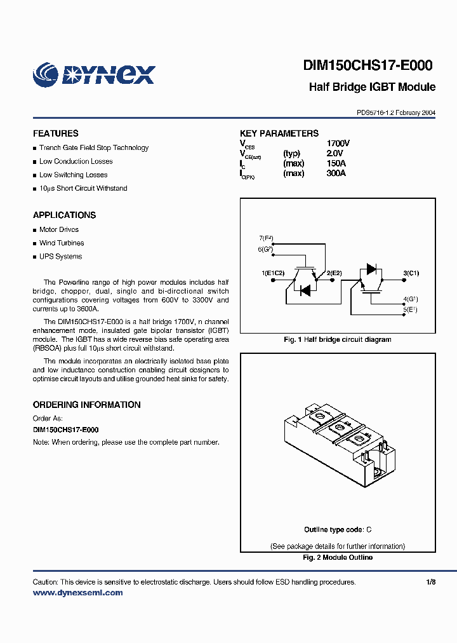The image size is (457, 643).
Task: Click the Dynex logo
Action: [x=93, y=74]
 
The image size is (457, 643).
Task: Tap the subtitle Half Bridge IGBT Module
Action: [x=372, y=87]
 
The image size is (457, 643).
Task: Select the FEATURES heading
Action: [x=56, y=133]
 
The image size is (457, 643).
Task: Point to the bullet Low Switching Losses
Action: [x=73, y=175]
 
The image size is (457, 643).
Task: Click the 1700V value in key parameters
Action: [x=338, y=144]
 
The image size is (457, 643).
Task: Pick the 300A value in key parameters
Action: [x=336, y=173]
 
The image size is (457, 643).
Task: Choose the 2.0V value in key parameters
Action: [x=334, y=154]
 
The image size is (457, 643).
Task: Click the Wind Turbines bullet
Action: [x=62, y=243]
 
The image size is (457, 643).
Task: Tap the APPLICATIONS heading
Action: [x=64, y=215]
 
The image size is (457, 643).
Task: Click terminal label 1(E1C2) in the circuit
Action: [x=273, y=273]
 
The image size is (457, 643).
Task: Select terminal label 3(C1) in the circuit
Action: [x=411, y=273]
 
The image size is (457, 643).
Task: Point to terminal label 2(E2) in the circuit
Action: [x=334, y=273]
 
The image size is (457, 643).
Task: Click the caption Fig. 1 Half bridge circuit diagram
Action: [x=337, y=340]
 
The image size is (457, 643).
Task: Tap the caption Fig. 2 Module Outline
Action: [x=337, y=557]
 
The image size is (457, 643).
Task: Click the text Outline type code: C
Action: [x=337, y=529]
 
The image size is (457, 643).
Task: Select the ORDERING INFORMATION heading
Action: [x=86, y=405]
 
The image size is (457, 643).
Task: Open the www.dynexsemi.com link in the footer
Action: [x=77, y=593]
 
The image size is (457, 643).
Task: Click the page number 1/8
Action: [x=431, y=582]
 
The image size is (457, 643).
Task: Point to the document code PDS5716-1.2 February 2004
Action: [x=396, y=112]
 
